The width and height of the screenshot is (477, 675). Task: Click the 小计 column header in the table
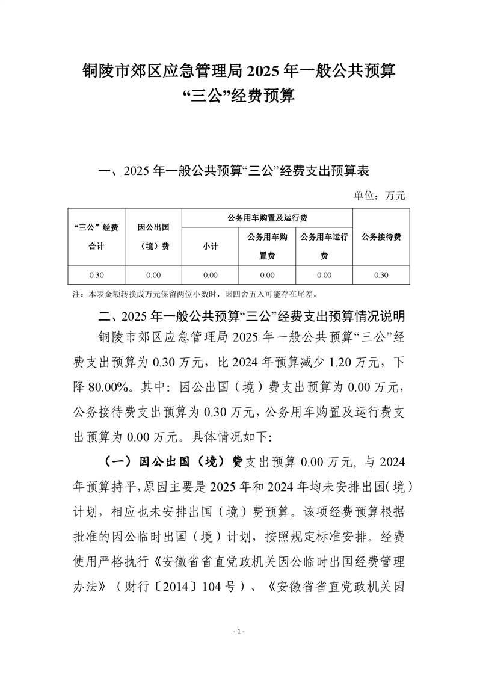[210, 246]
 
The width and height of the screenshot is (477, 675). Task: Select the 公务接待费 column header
[381, 236]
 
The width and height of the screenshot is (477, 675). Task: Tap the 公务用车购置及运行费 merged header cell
[267, 217]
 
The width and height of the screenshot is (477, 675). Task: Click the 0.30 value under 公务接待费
[381, 275]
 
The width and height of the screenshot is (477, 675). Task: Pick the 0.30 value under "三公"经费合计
[96, 275]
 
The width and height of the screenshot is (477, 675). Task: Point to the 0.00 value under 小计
[210, 275]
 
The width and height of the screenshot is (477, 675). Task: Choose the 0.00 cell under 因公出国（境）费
[153, 275]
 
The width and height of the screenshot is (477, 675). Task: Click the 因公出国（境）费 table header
[153, 236]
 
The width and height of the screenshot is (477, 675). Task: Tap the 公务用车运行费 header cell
[324, 246]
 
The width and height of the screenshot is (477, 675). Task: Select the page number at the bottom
[239, 632]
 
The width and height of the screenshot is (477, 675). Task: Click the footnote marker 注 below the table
[76, 295]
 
